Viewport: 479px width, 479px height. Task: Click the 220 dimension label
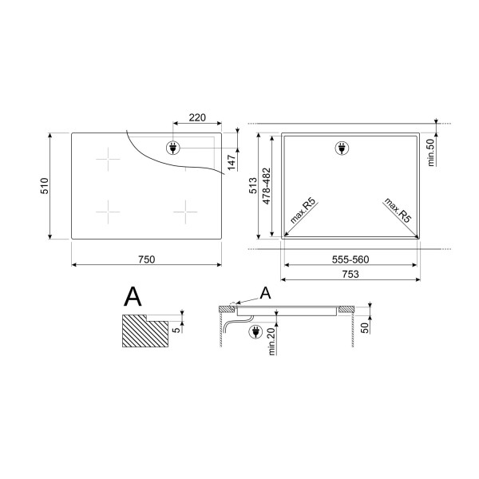click(197, 117)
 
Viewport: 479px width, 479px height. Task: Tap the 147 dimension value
click(232, 163)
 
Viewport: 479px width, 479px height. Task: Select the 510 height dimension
click(45, 186)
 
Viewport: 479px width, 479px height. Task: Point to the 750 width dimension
click(147, 259)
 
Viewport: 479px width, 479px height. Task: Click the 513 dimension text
click(253, 186)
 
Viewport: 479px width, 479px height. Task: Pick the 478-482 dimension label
click(267, 186)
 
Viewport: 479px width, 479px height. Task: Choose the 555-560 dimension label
click(350, 259)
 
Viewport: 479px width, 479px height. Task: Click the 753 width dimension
click(350, 274)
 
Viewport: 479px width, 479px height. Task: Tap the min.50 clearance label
click(431, 152)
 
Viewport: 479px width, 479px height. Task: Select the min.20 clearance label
click(272, 340)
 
